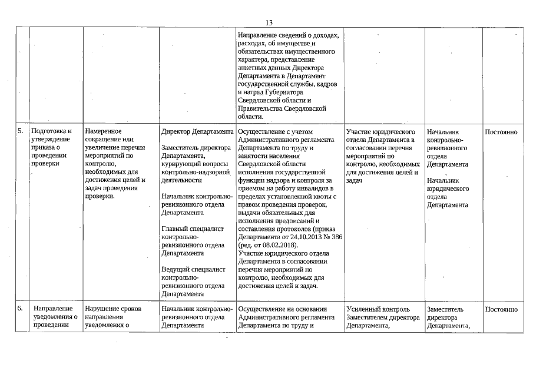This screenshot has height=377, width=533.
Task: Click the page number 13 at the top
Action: pyautogui.click(x=269, y=22)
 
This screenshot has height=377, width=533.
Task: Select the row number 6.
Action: pyautogui.click(x=20, y=309)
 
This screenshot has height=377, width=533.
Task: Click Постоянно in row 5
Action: pyautogui.click(x=501, y=132)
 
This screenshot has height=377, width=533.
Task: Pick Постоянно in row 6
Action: pyautogui.click(x=501, y=309)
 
